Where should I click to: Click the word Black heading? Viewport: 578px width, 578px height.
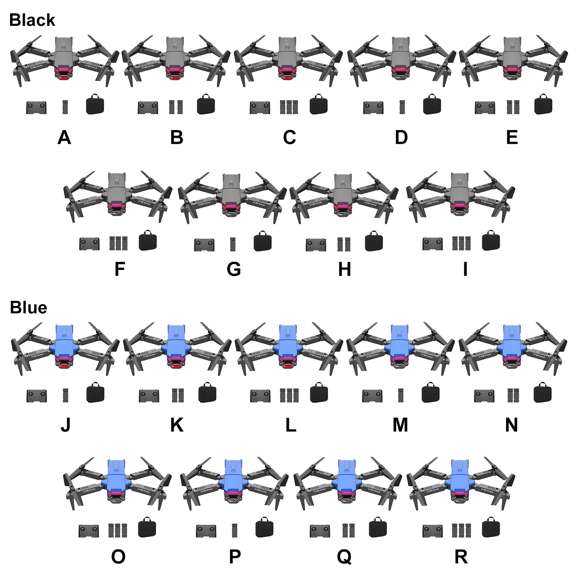[32, 20]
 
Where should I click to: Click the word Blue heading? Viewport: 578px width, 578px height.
[28, 308]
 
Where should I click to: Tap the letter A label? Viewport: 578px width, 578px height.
[64, 138]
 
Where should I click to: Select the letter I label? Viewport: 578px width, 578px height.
[465, 269]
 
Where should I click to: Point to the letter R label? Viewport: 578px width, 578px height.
[461, 557]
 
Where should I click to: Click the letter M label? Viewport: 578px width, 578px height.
[400, 425]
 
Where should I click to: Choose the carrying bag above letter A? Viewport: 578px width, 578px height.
[95, 105]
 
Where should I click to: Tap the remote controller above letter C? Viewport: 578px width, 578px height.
[260, 108]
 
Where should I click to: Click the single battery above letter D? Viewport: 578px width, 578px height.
[402, 107]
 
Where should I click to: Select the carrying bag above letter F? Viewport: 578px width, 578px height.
[148, 241]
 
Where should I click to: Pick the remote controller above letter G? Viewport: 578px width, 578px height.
[204, 245]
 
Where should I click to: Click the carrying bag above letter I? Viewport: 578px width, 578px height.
[491, 241]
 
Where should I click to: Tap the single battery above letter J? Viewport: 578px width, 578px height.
[65, 395]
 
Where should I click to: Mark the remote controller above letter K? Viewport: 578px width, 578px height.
[149, 396]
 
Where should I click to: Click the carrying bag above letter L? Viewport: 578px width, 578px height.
[319, 393]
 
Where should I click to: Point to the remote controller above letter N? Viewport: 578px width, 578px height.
[484, 396]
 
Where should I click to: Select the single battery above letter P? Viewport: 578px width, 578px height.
[235, 530]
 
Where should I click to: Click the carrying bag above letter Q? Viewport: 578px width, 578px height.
[378, 528]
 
